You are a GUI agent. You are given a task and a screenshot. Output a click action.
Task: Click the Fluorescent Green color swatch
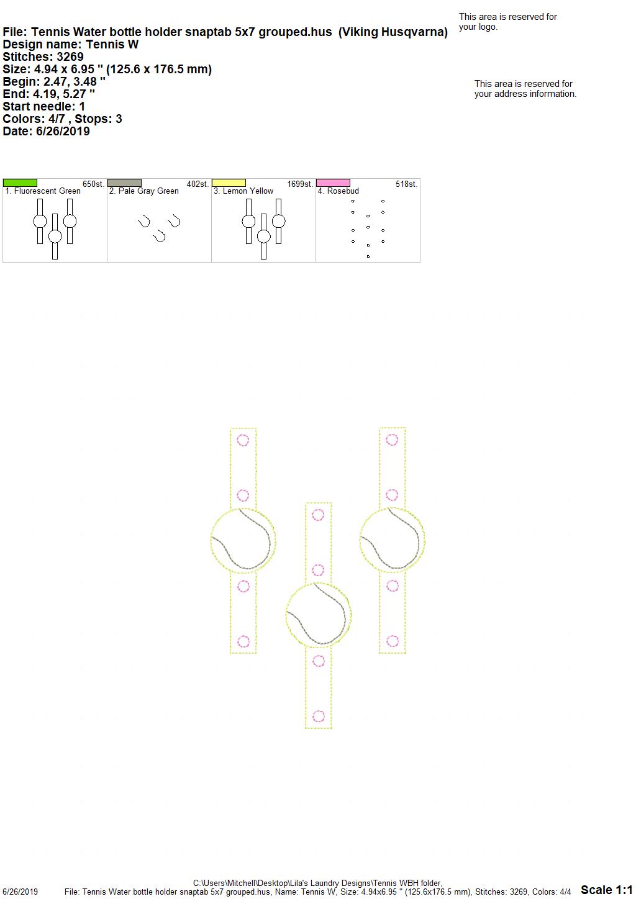pyautogui.click(x=20, y=183)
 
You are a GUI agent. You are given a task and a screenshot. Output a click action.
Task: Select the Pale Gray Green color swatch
pyautogui.click(x=124, y=183)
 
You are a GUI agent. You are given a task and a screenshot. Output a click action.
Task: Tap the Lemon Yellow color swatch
pyautogui.click(x=229, y=183)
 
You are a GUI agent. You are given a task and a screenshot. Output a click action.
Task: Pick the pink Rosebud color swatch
pyautogui.click(x=334, y=183)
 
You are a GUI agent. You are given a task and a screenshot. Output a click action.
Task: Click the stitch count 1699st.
pyautogui.click(x=300, y=184)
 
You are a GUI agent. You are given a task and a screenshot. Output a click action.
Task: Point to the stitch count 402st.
pyautogui.click(x=198, y=184)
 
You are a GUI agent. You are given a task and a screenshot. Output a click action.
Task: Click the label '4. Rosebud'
pyautogui.click(x=338, y=191)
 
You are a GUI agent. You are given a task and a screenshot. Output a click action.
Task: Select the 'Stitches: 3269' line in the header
pyautogui.click(x=43, y=56)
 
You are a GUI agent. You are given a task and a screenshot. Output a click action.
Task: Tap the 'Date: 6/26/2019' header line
pyautogui.click(x=46, y=131)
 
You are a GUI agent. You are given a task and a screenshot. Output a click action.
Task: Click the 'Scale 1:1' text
pyautogui.click(x=606, y=890)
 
